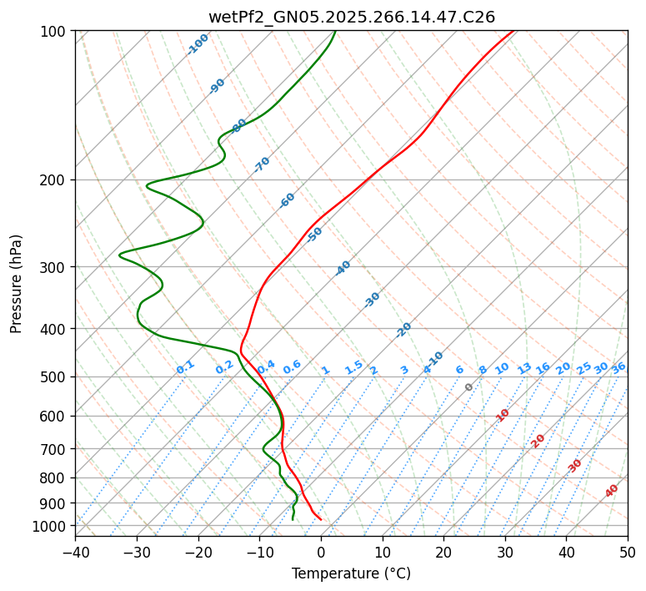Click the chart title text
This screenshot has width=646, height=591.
[x=351, y=16]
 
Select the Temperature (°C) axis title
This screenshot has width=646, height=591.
[x=351, y=574]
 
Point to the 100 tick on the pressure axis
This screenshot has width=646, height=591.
[x=55, y=32]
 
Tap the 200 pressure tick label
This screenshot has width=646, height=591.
[x=55, y=180]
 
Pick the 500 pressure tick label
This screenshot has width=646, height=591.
[x=55, y=377]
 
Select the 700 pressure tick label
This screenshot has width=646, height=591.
[x=55, y=449]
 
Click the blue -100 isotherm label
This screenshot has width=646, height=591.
[x=198, y=43]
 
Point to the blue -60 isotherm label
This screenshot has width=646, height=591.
[x=288, y=200]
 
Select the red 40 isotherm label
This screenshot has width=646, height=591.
[x=612, y=491]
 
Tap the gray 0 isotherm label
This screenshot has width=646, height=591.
[x=469, y=387]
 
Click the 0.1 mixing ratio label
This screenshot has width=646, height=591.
[x=185, y=366]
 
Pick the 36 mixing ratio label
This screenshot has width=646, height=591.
[x=618, y=367]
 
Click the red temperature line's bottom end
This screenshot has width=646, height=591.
[x=321, y=520]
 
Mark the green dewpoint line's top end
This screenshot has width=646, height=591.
[x=335, y=31]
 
